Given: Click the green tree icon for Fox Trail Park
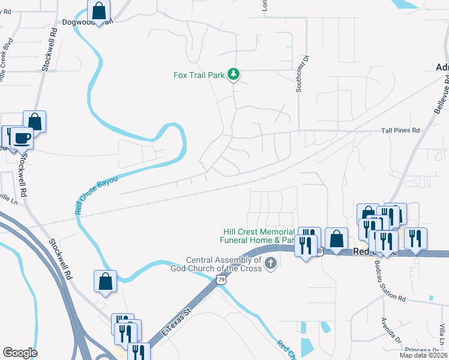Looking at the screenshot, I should (x=234, y=75).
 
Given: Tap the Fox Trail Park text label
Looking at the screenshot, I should (x=199, y=76).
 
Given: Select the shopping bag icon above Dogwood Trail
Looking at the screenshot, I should (x=98, y=10).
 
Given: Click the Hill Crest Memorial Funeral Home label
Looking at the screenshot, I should (x=259, y=236).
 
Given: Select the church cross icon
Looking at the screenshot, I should (x=271, y=262).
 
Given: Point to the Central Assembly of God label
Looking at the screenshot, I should (x=224, y=264).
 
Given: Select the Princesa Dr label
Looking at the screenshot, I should (x=422, y=350).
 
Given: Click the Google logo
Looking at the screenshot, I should (x=20, y=353).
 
